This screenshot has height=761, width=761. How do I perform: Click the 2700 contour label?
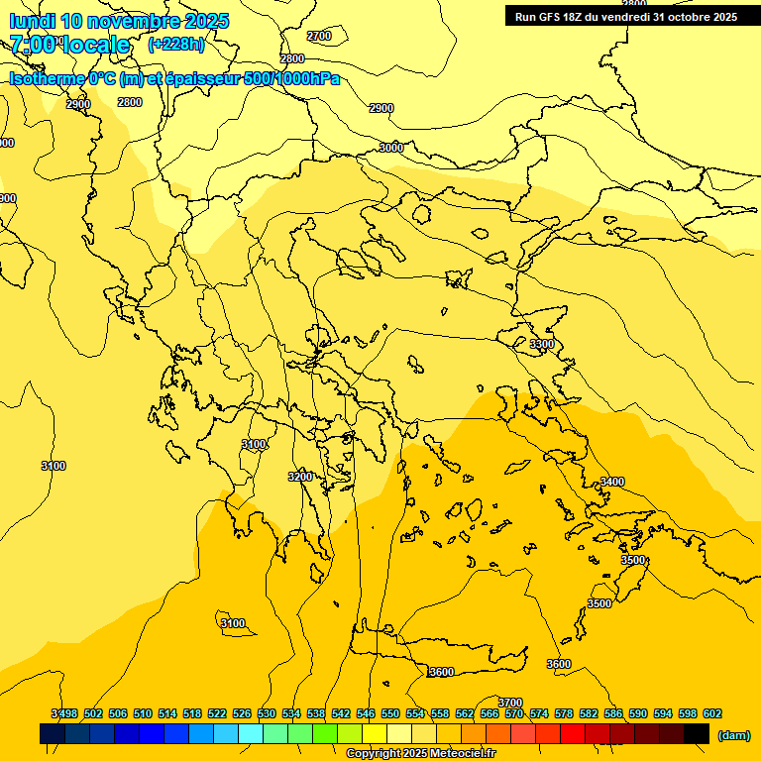(319, 36)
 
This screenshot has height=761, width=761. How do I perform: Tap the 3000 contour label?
(391, 148)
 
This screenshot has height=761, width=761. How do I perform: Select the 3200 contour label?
(300, 477)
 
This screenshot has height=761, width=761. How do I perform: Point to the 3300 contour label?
(542, 344)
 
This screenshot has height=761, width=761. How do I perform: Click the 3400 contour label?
(612, 482)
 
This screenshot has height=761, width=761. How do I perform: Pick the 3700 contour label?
(509, 703)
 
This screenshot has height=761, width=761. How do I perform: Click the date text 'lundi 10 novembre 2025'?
(119, 21)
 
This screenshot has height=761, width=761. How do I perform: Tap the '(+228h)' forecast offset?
(176, 45)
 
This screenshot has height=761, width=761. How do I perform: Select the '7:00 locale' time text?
(69, 45)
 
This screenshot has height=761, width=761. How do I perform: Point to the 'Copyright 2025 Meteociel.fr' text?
(420, 754)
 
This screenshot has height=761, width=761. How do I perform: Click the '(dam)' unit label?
(733, 734)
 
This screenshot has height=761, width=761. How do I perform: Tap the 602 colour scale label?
(712, 713)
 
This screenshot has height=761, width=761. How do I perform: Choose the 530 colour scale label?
(267, 713)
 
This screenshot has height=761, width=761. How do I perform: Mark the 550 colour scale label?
(390, 713)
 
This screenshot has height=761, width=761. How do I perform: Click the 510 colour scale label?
(143, 713)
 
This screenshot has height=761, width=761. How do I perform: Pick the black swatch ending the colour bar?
(697, 733)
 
